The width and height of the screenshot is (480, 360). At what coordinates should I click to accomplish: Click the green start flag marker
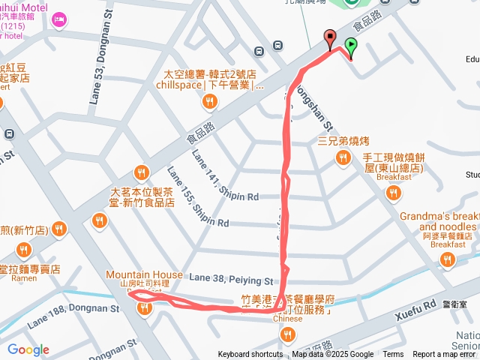(351, 46)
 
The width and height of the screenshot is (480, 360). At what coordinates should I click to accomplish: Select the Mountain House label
(144, 274)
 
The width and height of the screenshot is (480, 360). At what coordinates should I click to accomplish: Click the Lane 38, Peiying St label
(230, 280)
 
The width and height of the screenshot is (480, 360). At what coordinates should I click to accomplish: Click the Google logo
(28, 349)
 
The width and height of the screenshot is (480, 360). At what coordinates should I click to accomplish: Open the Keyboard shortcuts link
(250, 355)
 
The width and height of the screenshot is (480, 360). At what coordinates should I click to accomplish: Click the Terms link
(393, 355)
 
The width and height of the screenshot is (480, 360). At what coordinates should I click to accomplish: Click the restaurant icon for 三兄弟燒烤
(342, 157)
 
